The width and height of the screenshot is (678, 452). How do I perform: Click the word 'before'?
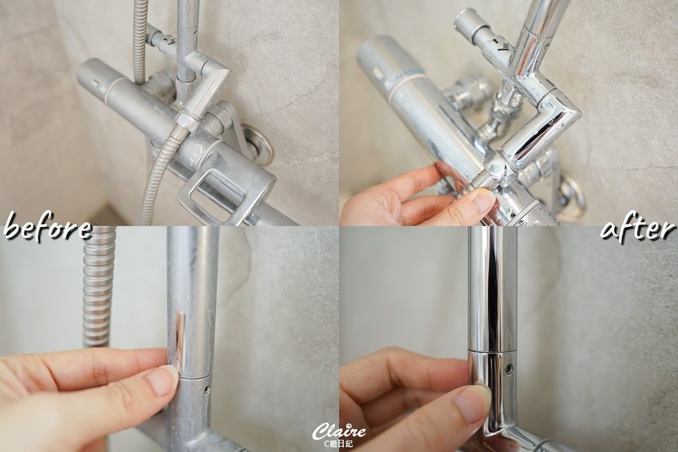point(47,227)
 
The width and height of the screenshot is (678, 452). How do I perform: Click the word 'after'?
point(638,228)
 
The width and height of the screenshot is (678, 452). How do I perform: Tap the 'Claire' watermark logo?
point(339,430)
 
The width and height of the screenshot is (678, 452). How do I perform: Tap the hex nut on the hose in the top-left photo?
point(188,122)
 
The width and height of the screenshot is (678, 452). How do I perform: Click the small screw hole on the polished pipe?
point(509,369)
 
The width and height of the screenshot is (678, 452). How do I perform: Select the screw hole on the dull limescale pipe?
point(207,390)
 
